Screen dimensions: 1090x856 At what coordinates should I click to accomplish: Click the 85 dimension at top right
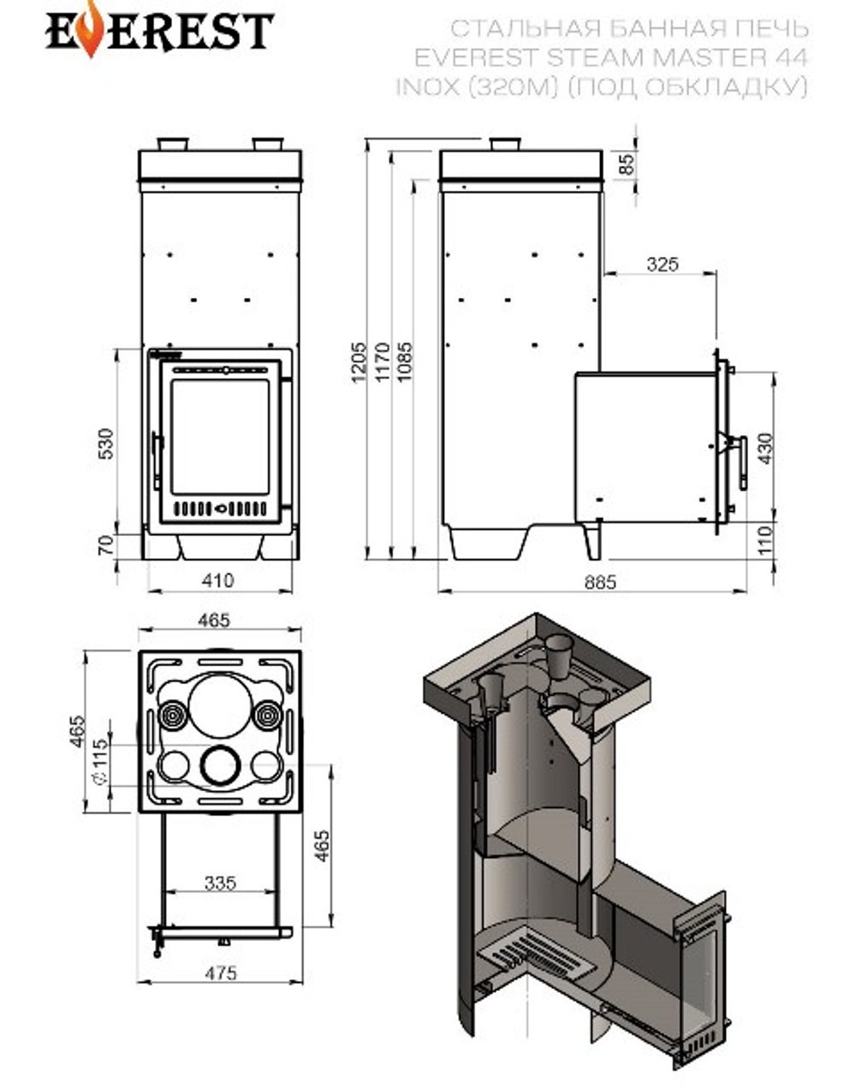click(628, 164)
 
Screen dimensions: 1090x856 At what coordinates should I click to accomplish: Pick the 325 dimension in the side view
click(662, 264)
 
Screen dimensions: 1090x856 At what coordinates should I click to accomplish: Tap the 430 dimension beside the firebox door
click(764, 448)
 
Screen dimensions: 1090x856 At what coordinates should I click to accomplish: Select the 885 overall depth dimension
click(600, 582)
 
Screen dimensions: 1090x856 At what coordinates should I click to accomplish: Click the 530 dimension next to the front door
click(106, 444)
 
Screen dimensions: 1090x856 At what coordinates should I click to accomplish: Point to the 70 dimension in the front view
click(106, 545)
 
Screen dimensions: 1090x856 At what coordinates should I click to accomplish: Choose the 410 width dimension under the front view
click(218, 581)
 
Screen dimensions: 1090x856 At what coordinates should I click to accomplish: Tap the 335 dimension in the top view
click(220, 882)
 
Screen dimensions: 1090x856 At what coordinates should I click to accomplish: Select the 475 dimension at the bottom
click(221, 973)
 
